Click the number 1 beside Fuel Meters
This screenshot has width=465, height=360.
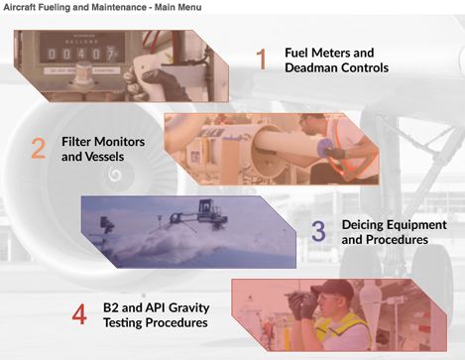point(262,60)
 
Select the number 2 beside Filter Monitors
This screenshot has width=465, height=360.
point(39,148)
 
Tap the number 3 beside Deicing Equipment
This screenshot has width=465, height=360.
point(318,231)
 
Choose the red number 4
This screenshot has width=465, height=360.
point(79,314)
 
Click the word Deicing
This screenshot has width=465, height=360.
point(362,225)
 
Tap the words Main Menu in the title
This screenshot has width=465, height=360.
point(177,7)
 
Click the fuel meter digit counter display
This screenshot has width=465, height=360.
point(81,54)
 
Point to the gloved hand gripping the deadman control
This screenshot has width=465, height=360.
point(155,81)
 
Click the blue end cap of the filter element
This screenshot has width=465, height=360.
point(325,148)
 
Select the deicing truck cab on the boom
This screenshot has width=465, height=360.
point(205,206)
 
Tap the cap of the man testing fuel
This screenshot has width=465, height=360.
point(332,289)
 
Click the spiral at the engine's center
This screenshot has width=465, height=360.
point(115,175)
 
